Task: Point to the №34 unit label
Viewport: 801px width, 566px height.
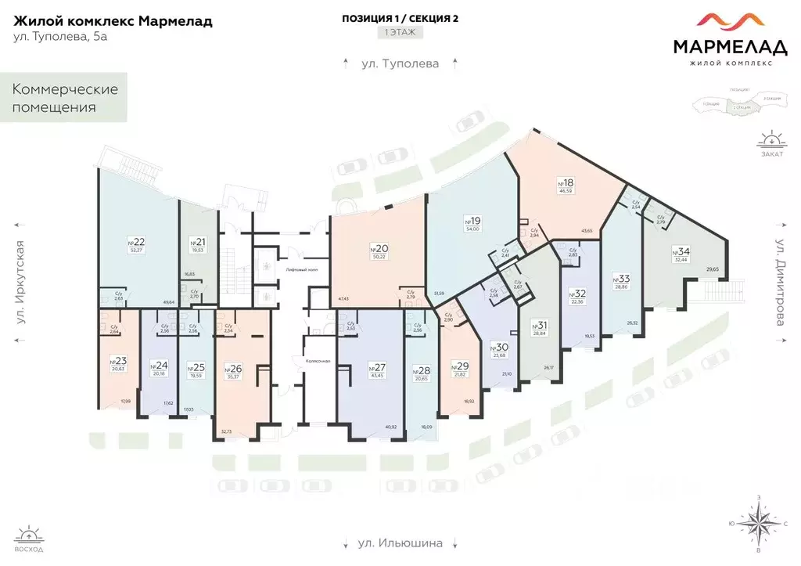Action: pyautogui.click(x=681, y=251)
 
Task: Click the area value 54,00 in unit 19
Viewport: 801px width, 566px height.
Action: pyautogui.click(x=472, y=229)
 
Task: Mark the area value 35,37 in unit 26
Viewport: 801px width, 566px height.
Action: pyautogui.click(x=233, y=376)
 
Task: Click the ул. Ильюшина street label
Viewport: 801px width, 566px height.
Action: pyautogui.click(x=400, y=543)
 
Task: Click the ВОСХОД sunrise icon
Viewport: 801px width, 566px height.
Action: pyautogui.click(x=29, y=539)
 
